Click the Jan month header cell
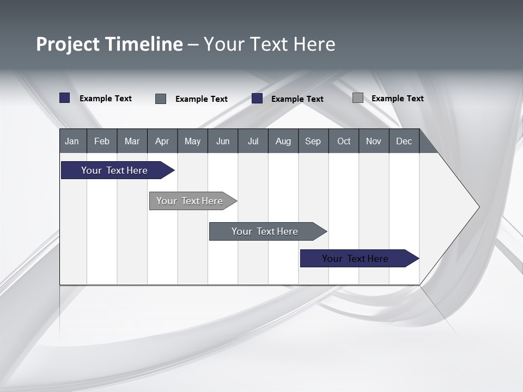72,141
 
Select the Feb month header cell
102,141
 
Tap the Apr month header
162,141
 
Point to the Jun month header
223,141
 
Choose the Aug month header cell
283,141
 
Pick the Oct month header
344,141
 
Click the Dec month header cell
404,141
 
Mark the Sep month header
313,141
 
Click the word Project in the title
68,44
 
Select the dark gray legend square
161,99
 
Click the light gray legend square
358,98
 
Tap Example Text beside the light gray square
397,99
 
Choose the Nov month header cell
374,141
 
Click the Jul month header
253,141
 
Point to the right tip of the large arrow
478,206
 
